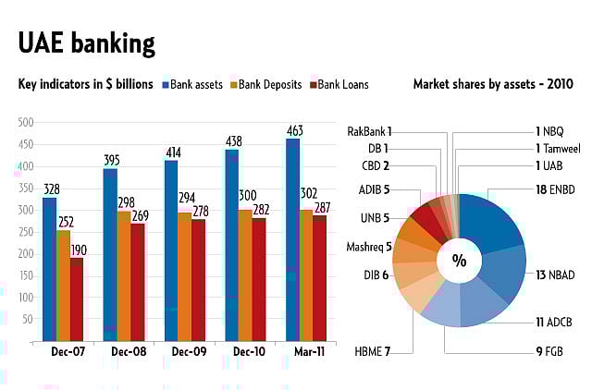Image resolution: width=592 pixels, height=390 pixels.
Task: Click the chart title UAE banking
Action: [x=87, y=43]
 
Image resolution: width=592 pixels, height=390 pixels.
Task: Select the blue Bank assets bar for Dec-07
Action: [x=49, y=268]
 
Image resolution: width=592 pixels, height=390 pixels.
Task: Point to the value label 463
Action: [x=294, y=130]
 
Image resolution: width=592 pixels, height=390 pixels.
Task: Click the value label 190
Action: [x=78, y=250]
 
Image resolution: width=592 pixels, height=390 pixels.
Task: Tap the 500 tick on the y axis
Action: [x=25, y=122]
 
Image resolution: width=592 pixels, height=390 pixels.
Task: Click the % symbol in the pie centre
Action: [x=459, y=261]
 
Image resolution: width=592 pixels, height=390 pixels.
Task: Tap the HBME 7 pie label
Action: [x=374, y=352]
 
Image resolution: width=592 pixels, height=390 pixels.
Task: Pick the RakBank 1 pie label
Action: [x=369, y=131]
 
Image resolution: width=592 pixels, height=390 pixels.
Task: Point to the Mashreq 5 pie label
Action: [x=369, y=247]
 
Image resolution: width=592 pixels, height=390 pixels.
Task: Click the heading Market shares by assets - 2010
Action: [x=493, y=84]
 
